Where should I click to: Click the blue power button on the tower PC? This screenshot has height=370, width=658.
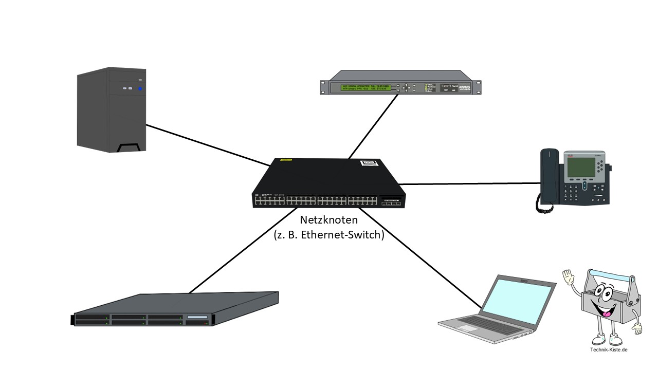click(x=139, y=89)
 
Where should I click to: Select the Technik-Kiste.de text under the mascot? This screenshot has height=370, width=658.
click(x=609, y=350)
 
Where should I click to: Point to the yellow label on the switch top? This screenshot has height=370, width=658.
click(x=286, y=160)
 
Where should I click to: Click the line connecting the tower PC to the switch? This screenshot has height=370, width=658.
click(x=206, y=144)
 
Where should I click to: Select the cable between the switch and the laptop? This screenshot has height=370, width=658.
click(x=422, y=257)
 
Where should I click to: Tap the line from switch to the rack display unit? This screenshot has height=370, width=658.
click(x=373, y=126)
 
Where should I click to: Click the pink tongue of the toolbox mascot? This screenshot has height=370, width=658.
click(x=607, y=313)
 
